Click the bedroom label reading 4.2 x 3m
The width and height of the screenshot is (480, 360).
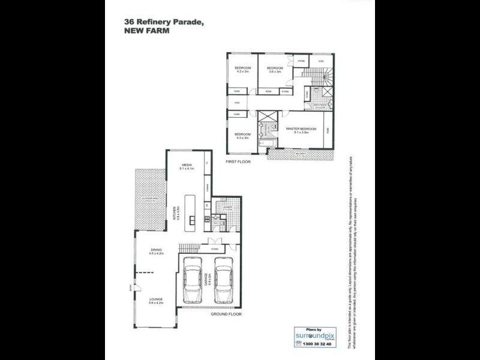pos(242,70)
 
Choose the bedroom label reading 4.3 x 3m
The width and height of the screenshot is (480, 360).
pos(242,136)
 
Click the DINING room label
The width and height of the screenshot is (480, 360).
pos(156,252)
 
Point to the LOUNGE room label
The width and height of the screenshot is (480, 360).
pos(156,300)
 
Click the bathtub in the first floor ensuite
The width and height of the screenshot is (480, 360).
pos(265,145)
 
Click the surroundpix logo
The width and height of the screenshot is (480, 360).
pos(311,335)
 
